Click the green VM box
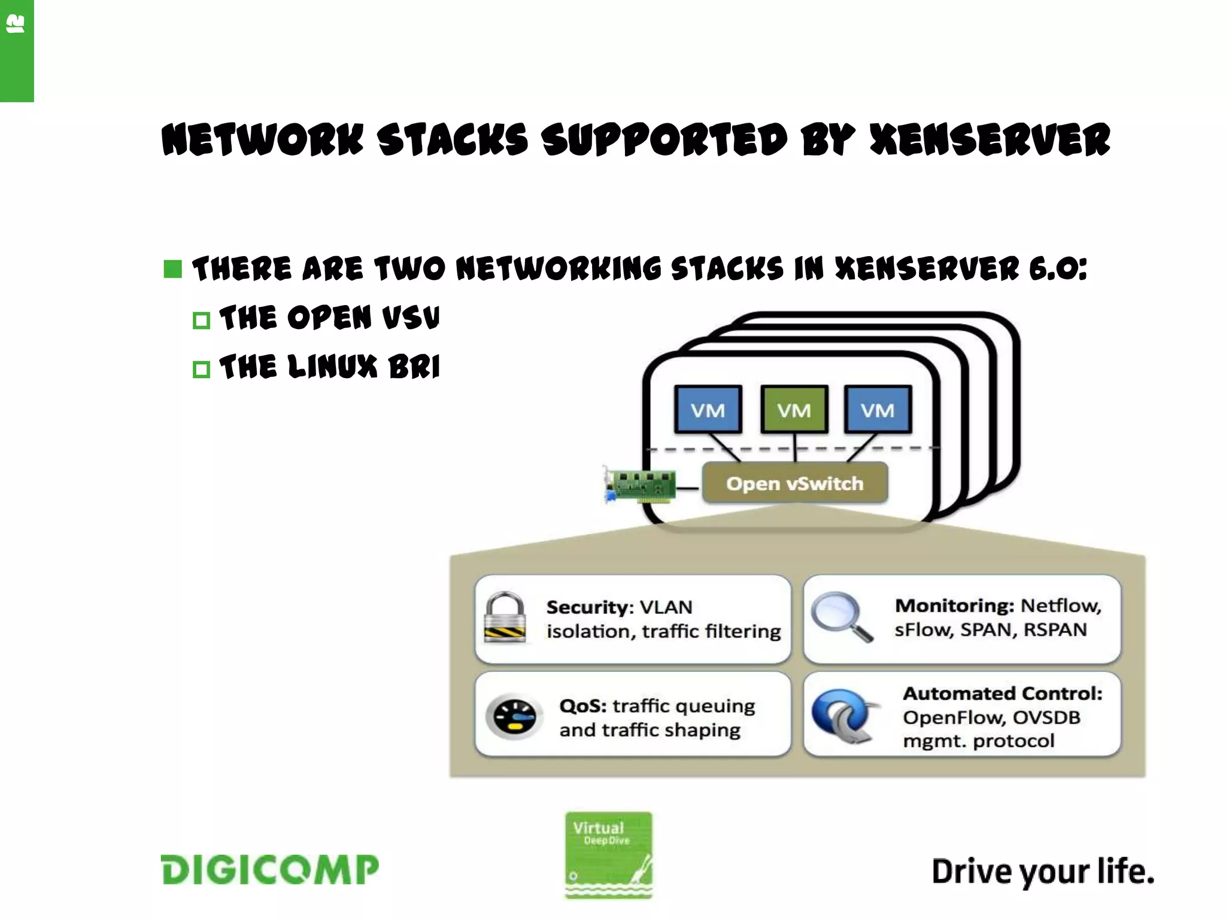(794, 410)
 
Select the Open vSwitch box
(794, 483)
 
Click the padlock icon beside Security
(505, 617)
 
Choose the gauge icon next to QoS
(514, 716)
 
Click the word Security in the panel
(586, 607)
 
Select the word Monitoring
(954, 605)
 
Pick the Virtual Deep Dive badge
(608, 854)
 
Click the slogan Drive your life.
(1043, 871)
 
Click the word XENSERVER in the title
(990, 140)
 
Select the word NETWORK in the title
(262, 140)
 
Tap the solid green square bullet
(172, 269)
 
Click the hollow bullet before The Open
(201, 321)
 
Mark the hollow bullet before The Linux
(201, 369)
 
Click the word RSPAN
(1055, 629)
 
